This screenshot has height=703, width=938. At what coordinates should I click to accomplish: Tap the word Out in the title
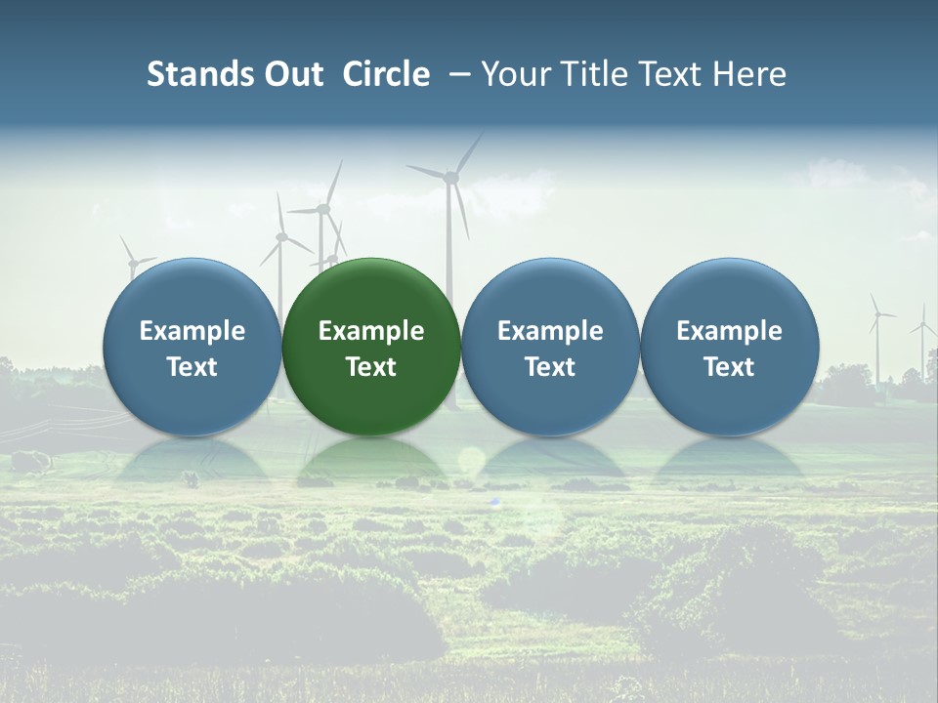(x=289, y=74)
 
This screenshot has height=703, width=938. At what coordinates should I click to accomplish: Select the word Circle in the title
(x=386, y=74)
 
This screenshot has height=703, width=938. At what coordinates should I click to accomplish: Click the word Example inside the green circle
(x=371, y=331)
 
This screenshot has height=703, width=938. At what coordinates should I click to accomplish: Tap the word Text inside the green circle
(x=371, y=367)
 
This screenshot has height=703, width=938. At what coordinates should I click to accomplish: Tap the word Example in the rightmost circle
(x=729, y=331)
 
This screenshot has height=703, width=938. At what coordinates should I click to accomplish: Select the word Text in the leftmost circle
(x=192, y=367)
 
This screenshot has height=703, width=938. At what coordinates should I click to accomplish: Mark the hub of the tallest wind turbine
(x=450, y=177)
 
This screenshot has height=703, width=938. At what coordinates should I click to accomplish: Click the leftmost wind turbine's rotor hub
(x=131, y=261)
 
